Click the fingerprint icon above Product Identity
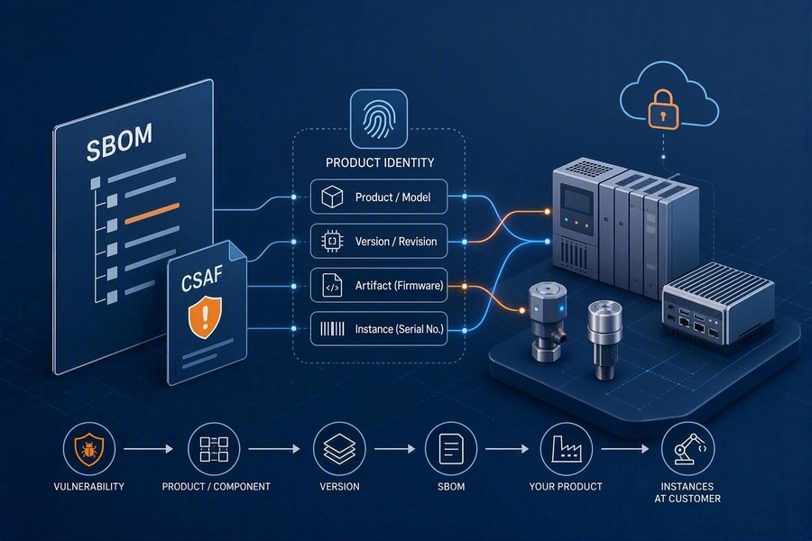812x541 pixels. click(x=379, y=119)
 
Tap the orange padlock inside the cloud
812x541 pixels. click(x=663, y=109)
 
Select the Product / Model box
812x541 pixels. click(x=379, y=197)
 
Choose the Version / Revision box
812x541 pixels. click(x=379, y=242)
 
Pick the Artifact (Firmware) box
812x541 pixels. click(x=379, y=285)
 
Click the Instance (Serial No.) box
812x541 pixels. click(x=379, y=329)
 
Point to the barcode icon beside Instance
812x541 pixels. click(x=332, y=329)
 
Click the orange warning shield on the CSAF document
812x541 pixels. click(x=205, y=316)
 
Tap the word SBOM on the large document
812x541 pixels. click(x=119, y=142)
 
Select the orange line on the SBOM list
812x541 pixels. click(x=152, y=214)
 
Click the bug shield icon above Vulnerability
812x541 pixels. click(x=89, y=449)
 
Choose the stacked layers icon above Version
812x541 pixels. click(x=339, y=449)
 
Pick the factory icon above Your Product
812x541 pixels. click(x=566, y=449)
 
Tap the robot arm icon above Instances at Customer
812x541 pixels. click(x=688, y=449)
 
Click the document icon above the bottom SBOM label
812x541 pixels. click(x=451, y=449)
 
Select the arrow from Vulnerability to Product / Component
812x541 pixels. click(x=149, y=449)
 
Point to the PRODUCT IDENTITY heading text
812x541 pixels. click(x=380, y=162)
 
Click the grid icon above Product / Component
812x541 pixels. click(x=214, y=449)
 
